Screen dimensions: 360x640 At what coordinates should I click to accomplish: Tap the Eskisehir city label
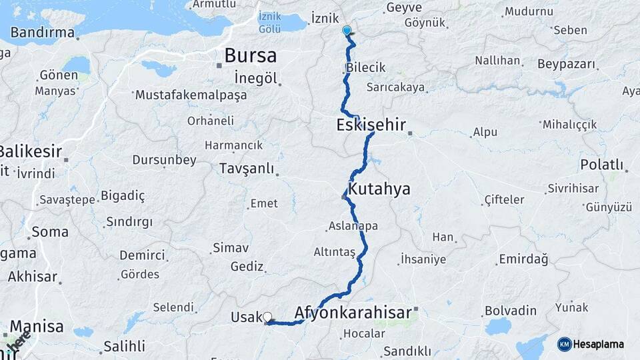coord(371,125)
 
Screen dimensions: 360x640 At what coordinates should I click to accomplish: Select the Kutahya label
coord(379,189)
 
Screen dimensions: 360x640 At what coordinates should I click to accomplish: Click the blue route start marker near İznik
coord(347,30)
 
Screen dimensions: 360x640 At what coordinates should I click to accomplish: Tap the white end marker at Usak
coord(267,317)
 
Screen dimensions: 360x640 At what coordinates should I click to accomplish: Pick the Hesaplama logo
coord(591,344)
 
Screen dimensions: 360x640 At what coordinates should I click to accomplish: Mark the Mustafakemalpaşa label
coord(191,95)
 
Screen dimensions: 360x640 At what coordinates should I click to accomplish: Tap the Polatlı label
coord(602,164)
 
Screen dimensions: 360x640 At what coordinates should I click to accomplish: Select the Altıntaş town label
coord(335,252)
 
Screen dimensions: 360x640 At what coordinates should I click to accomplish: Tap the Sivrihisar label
coord(573,189)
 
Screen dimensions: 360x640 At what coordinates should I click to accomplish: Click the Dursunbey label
coord(164,160)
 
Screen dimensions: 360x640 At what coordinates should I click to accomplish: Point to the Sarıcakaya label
coord(396,87)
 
